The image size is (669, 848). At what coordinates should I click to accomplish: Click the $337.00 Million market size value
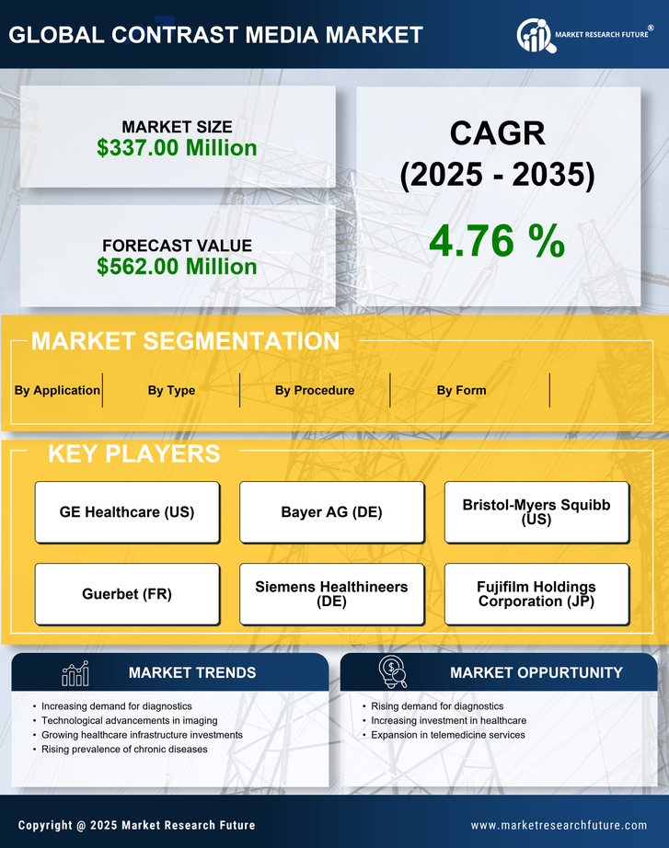tap(177, 147)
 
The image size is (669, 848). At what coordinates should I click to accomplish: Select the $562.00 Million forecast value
tap(177, 267)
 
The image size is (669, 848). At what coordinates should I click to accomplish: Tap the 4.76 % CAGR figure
tap(497, 241)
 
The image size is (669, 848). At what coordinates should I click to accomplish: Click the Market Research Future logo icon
tap(534, 35)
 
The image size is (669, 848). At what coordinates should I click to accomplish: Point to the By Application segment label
tap(57, 390)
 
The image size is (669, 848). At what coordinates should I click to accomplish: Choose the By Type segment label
tap(171, 390)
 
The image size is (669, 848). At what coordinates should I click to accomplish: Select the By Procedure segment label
tap(315, 390)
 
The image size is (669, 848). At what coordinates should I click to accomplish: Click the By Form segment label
tap(461, 390)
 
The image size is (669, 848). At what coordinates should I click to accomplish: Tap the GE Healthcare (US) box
tap(127, 512)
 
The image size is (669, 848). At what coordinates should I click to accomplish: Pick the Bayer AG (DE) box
tap(331, 512)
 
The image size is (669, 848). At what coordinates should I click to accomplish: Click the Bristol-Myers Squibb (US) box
tap(536, 512)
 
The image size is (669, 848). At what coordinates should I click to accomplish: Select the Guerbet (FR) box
tap(127, 594)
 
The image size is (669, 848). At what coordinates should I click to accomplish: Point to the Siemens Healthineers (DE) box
tap(331, 594)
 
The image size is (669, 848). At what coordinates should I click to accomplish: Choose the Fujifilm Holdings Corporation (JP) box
tap(536, 594)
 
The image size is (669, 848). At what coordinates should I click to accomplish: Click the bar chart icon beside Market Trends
tap(75, 674)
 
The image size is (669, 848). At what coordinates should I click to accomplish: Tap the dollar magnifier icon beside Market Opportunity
tap(392, 672)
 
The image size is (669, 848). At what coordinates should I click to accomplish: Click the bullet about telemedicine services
tap(447, 735)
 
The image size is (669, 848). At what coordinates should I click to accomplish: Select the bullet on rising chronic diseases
tap(124, 750)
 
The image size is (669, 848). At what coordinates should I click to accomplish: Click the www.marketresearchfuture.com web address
tap(559, 825)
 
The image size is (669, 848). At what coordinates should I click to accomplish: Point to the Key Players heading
tap(133, 453)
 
